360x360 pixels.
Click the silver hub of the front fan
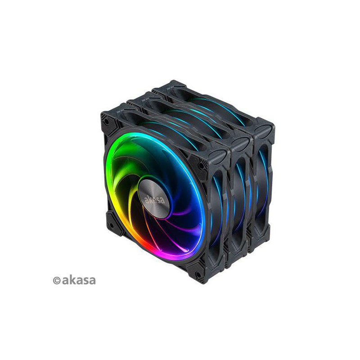tap(154, 198)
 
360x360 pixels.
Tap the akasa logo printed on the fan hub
tap(155, 199)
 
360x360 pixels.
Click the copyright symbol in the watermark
tap(57, 280)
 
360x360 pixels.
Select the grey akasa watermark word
tap(79, 280)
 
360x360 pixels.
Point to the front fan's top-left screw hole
tap(106, 121)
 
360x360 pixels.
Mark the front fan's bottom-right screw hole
tap(198, 274)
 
